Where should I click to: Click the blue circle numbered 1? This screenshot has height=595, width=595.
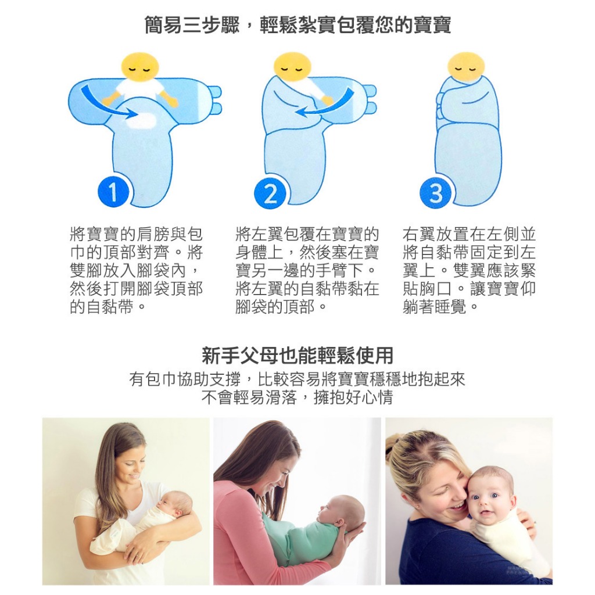tap(113, 192)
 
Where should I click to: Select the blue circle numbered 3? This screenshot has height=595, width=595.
tap(436, 193)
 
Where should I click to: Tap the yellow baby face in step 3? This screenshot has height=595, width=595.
tap(467, 67)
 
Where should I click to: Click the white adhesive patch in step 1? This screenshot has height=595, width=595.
tap(140, 121)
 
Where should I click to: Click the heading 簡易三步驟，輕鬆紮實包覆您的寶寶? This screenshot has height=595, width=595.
tap(298, 26)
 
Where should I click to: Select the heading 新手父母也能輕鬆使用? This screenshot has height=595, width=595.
tap(297, 356)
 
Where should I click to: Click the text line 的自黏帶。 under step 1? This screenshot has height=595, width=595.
tap(107, 306)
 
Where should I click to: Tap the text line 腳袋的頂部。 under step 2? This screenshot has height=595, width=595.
tap(281, 306)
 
